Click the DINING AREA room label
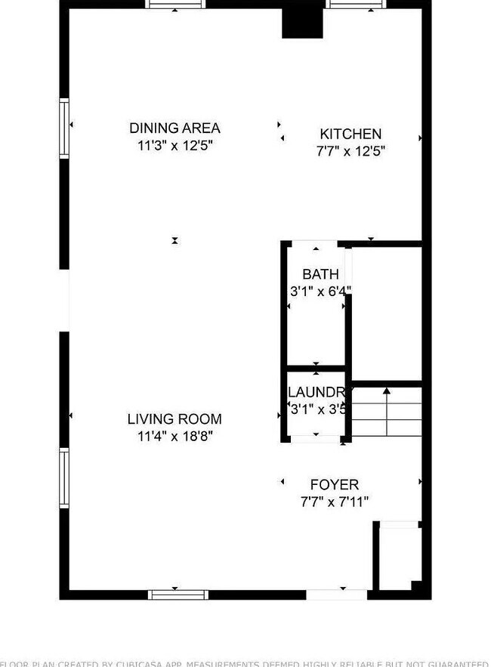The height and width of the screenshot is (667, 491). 174,128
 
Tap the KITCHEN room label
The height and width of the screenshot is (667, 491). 350,134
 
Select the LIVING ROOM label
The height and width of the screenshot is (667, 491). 174,419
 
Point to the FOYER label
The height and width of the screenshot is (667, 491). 335,485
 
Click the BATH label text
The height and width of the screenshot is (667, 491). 320,274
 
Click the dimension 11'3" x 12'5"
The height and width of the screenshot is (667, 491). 174,146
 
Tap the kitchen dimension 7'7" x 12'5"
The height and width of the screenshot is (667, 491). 350,151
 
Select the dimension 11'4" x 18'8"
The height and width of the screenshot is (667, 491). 174,436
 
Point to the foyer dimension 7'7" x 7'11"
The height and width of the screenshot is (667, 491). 335,502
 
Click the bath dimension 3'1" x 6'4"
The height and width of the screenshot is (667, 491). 320,290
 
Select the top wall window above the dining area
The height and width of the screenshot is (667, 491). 175,5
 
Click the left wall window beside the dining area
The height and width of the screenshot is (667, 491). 64,128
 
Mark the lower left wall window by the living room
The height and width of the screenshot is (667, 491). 64,478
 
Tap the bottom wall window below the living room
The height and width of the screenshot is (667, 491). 178,594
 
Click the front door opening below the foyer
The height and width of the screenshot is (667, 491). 337,594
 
